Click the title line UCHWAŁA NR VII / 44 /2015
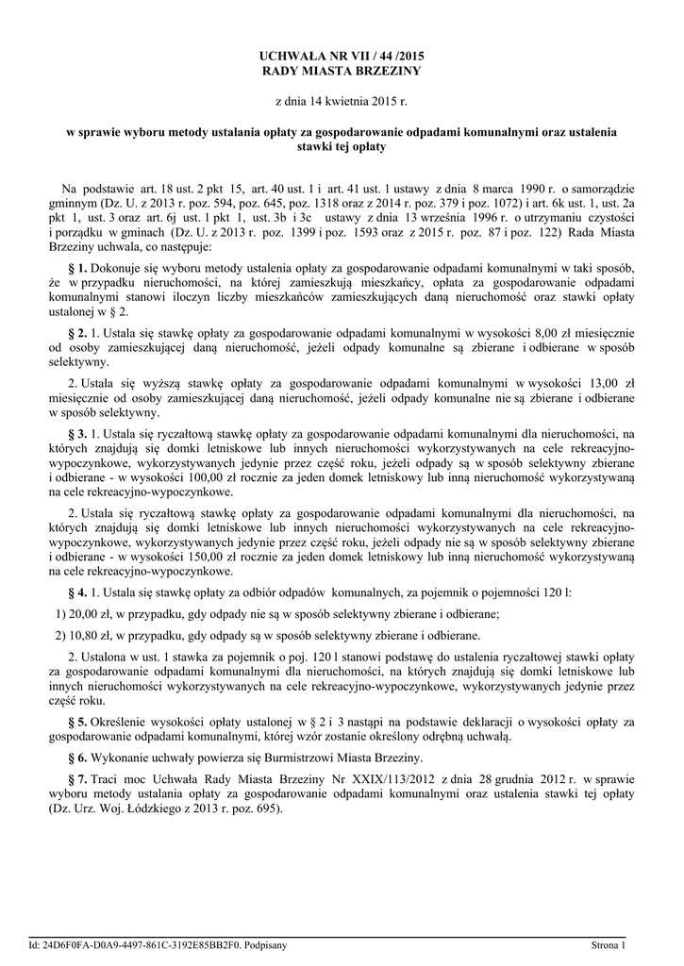342,57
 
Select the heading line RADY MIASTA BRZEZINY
342,71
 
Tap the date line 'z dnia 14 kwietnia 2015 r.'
342,99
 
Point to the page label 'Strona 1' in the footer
609,944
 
